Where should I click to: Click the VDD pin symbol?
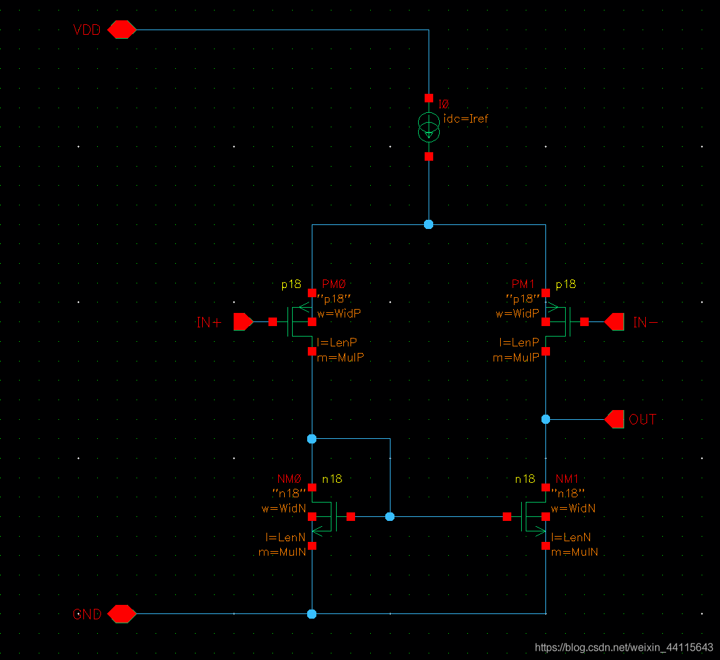pyautogui.click(x=121, y=30)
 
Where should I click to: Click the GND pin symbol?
pyautogui.click(x=121, y=614)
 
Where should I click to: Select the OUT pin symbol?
pyautogui.click(x=615, y=419)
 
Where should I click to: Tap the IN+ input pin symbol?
pyautogui.click(x=244, y=322)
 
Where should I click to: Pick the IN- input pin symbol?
pyautogui.click(x=614, y=322)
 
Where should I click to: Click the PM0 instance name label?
pyautogui.click(x=333, y=284)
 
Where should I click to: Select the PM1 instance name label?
pyautogui.click(x=524, y=284)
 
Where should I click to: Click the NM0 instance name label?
pyautogui.click(x=290, y=479)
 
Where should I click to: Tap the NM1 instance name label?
pyautogui.click(x=567, y=479)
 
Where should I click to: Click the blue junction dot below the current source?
pyautogui.click(x=429, y=224)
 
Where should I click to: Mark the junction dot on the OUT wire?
pyautogui.click(x=545, y=419)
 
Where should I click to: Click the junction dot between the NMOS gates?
pyautogui.click(x=390, y=517)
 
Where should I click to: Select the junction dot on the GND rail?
pyautogui.click(x=312, y=614)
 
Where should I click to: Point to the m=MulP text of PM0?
pyautogui.click(x=341, y=358)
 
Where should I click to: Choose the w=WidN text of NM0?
pyautogui.click(x=283, y=508)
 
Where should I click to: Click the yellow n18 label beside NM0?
pyautogui.click(x=331, y=479)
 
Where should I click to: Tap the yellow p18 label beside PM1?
pyautogui.click(x=565, y=284)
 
